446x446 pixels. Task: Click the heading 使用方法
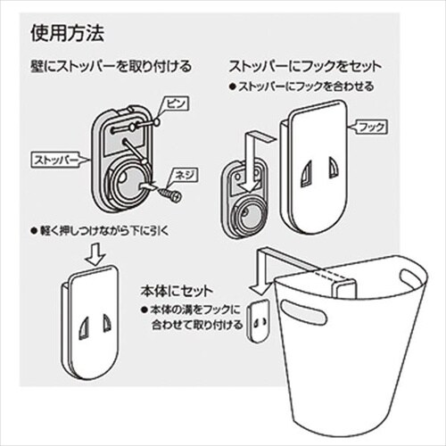(68, 35)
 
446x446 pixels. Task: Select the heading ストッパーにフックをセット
(307, 67)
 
